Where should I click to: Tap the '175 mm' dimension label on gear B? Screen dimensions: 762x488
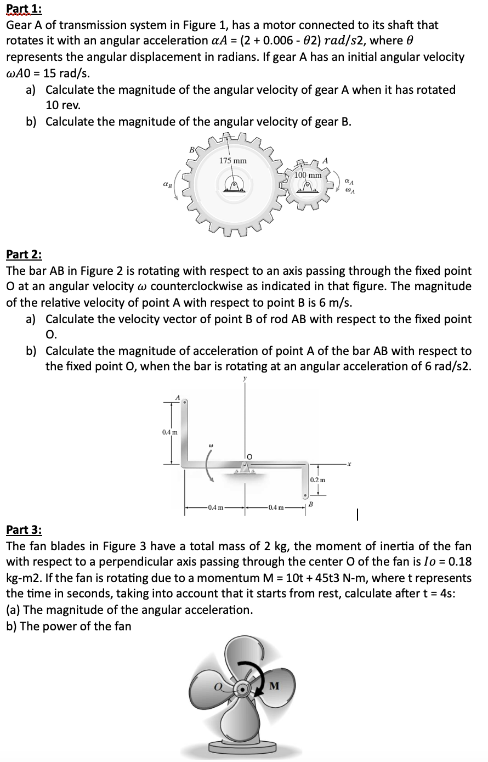[x=232, y=161]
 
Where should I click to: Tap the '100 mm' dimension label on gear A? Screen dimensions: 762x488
[x=308, y=174]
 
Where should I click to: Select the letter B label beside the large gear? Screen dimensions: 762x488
[x=191, y=149]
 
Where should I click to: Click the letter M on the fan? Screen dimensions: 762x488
[x=275, y=686]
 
